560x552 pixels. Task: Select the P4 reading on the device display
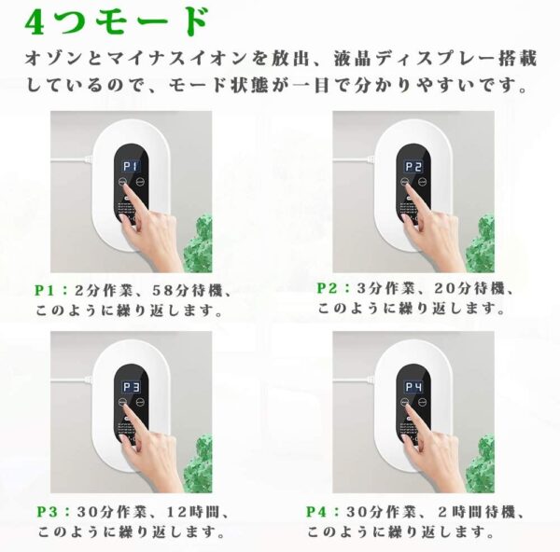(x=413, y=387)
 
